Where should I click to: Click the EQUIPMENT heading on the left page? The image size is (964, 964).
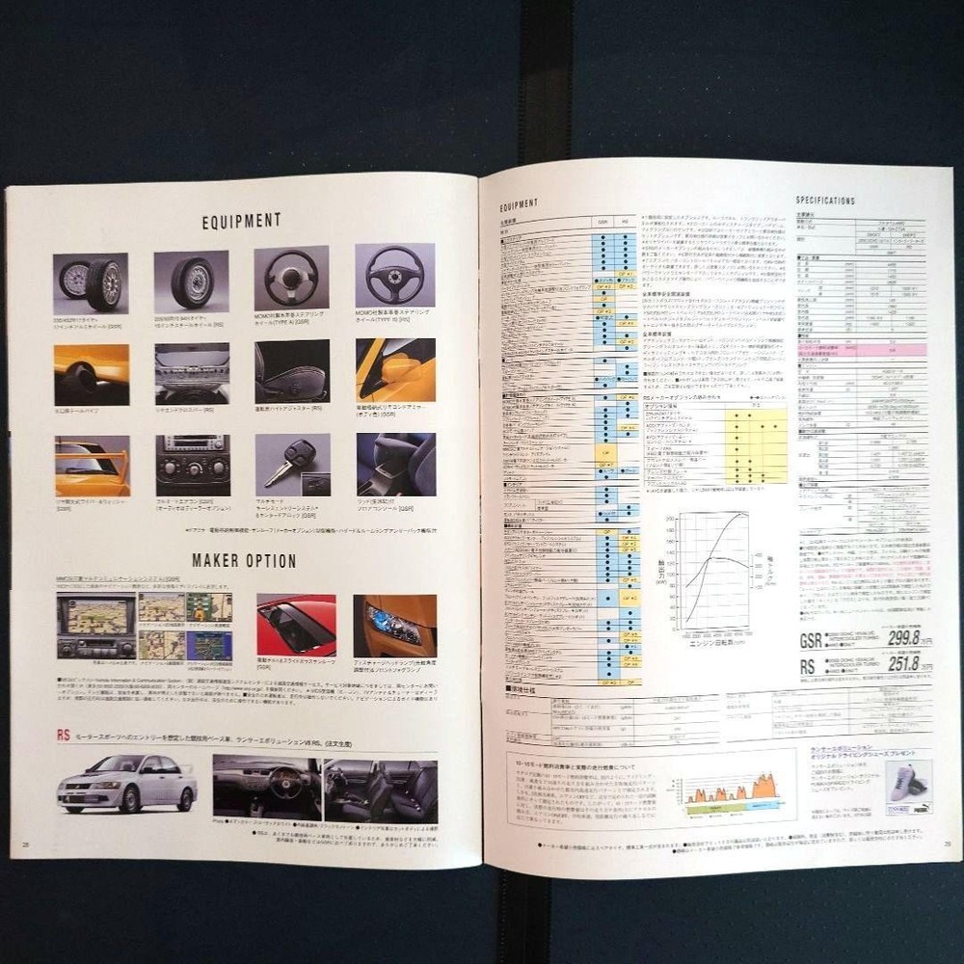[241, 221]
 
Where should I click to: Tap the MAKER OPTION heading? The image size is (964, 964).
[243, 560]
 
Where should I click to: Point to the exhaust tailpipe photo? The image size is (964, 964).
[92, 373]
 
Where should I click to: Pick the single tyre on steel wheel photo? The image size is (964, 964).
[192, 281]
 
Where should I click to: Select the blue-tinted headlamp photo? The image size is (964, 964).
[394, 626]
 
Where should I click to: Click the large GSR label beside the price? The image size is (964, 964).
[811, 639]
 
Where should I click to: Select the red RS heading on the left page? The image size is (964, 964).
[64, 735]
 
